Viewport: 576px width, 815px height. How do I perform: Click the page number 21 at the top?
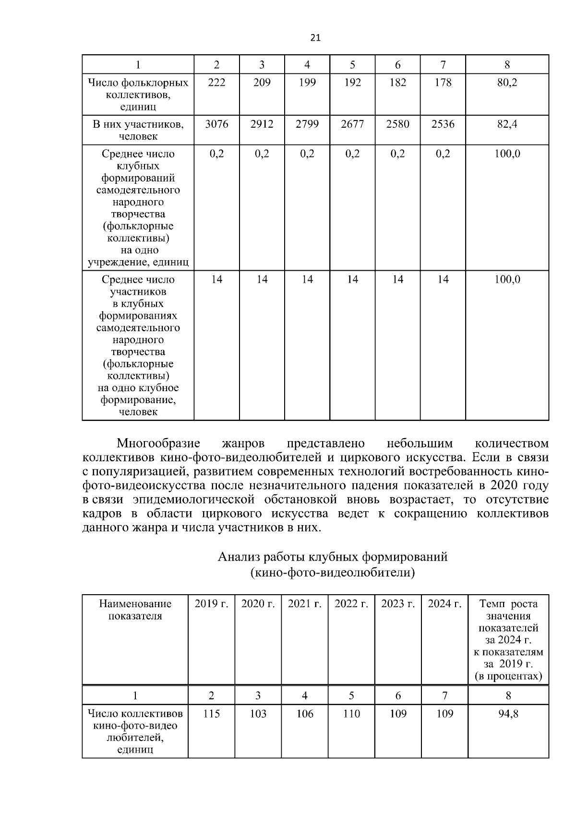[315, 38]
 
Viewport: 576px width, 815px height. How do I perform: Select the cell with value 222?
[216, 83]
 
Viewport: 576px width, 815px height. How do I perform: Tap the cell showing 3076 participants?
[216, 124]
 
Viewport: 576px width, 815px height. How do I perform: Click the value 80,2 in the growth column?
[507, 83]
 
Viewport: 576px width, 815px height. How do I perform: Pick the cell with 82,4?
[507, 124]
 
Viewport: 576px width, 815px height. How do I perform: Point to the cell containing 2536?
[443, 124]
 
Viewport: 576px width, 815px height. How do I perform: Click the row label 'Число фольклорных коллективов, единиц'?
[138, 95]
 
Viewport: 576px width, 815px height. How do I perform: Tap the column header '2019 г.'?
[211, 604]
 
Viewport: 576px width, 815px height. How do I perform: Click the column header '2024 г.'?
[444, 604]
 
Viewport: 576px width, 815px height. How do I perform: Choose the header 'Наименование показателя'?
[135, 610]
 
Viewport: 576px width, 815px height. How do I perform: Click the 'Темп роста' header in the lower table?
[508, 604]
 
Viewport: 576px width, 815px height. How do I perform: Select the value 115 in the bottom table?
[211, 714]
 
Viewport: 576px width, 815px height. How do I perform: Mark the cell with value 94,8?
[508, 714]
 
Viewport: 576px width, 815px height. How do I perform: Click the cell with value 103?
[258, 714]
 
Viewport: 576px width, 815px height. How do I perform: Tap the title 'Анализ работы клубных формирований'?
[332, 557]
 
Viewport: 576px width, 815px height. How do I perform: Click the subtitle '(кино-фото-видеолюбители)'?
[332, 572]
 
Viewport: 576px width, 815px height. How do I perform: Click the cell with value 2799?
[307, 124]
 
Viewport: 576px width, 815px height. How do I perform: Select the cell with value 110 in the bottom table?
[351, 714]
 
